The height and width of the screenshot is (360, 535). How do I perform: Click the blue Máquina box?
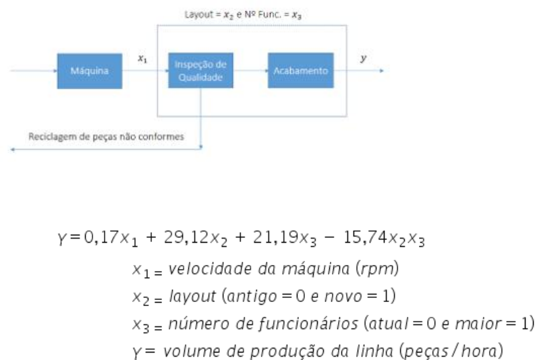tap(89, 71)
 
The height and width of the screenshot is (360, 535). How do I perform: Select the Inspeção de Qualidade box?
tap(200, 71)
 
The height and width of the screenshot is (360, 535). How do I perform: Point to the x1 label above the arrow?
tap(142, 59)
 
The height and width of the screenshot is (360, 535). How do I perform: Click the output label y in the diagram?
tap(364, 59)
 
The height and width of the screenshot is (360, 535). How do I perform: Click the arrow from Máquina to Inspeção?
tap(145, 71)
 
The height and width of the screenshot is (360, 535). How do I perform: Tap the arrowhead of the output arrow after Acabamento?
tap(381, 71)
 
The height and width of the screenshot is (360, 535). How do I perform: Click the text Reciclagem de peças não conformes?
tap(115, 136)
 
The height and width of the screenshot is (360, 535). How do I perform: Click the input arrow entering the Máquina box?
tap(34, 71)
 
